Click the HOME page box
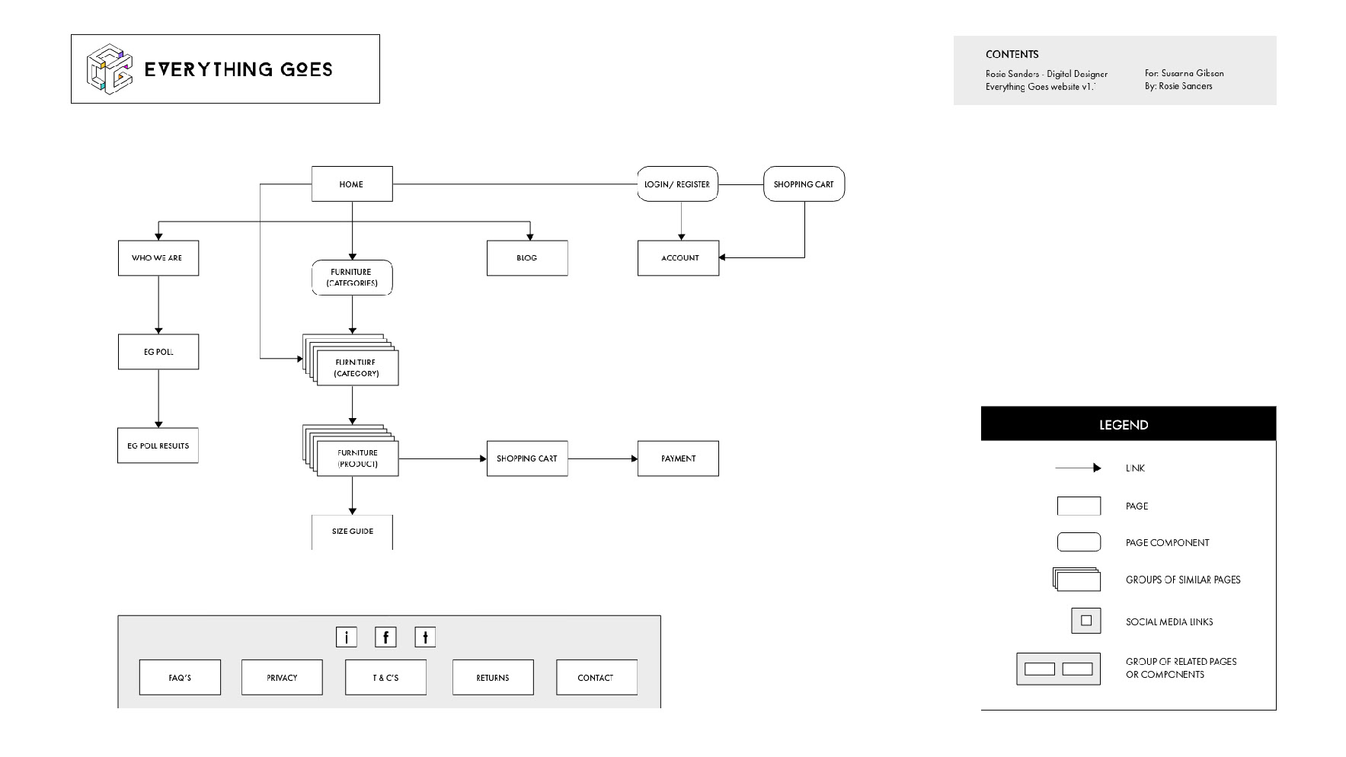tap(352, 184)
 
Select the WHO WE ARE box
tap(158, 258)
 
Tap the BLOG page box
tap(527, 258)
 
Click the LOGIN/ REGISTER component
tap(677, 184)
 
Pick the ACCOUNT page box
tap(678, 258)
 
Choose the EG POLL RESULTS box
tap(158, 446)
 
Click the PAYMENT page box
tap(678, 458)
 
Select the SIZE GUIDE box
tap(352, 532)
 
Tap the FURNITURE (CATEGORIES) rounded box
tap(352, 277)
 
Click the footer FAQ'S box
tap(180, 677)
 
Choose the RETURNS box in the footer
tap(493, 677)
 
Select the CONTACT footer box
tap(596, 677)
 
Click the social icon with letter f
tap(385, 637)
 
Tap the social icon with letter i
tap(347, 637)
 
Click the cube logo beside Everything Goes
tap(110, 69)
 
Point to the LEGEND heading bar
tap(1128, 424)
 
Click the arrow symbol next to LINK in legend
tap(1078, 468)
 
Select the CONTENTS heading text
tap(1012, 54)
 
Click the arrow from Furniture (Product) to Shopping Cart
tap(443, 458)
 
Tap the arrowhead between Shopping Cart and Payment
tap(633, 458)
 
